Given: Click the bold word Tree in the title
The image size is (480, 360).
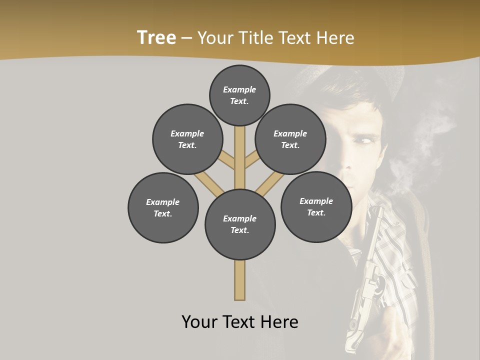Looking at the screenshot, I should [156, 37].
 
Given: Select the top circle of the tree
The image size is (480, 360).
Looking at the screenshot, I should [239, 95].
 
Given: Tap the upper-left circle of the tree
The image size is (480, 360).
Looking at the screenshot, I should [187, 139].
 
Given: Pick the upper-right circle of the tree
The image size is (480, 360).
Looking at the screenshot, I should [290, 139].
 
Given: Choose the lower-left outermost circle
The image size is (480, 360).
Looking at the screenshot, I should [163, 207].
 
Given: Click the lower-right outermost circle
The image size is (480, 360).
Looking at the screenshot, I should [316, 206].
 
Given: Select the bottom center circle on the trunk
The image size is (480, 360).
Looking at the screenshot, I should [240, 224].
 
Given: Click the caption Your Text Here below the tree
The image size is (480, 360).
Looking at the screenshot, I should [240, 321].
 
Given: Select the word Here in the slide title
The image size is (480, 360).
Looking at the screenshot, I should [335, 38].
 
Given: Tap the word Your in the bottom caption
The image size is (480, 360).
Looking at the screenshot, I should [199, 321].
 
